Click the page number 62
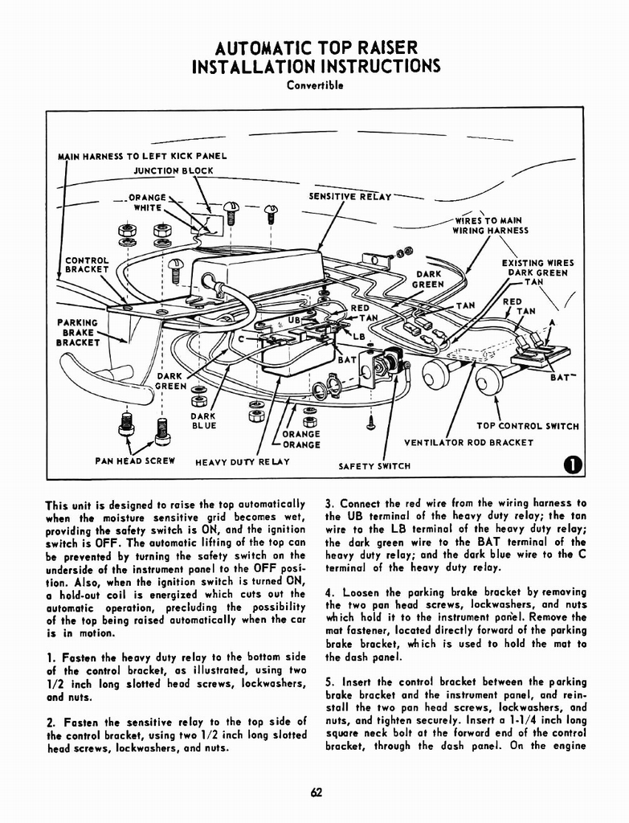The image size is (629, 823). [x=316, y=792]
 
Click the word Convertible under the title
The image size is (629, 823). [x=315, y=85]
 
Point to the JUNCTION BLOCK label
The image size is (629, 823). [x=174, y=170]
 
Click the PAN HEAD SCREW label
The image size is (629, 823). [x=135, y=461]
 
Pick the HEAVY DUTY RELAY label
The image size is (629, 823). [x=242, y=462]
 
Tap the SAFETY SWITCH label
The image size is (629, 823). [x=374, y=465]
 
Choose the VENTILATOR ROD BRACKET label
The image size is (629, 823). [x=468, y=442]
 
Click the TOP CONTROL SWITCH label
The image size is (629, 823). [x=528, y=426]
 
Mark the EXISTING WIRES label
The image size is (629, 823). [x=537, y=262]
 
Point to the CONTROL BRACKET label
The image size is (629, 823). [x=87, y=265]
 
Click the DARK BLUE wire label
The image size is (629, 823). [x=203, y=421]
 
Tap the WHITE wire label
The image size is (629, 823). [x=148, y=207]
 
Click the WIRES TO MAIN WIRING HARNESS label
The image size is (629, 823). [x=490, y=225]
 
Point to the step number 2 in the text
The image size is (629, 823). [x=49, y=721]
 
